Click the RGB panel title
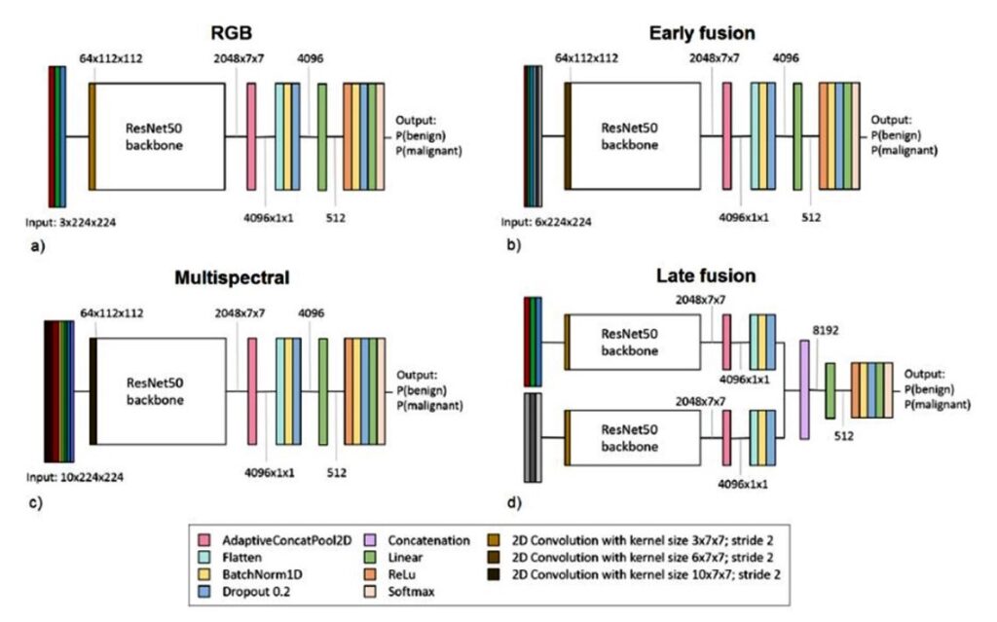[x=232, y=32]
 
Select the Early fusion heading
[x=702, y=33]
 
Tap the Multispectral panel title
[x=232, y=277]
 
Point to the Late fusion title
[x=706, y=275]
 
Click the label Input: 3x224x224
[x=70, y=223]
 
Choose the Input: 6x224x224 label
[x=546, y=222]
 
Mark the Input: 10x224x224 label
[x=75, y=477]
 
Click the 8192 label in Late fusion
[x=826, y=330]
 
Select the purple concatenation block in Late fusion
[x=804, y=389]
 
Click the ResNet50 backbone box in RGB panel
[x=161, y=136]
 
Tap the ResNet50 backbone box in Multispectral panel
[x=161, y=391]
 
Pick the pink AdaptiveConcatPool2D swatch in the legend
[x=204, y=540]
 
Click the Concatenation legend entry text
[x=428, y=540]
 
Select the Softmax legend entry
[x=412, y=592]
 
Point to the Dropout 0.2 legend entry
[x=256, y=592]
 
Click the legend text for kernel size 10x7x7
[x=646, y=574]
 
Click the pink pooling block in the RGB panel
[x=251, y=136]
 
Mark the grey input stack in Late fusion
[x=533, y=438]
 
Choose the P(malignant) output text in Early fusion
[x=905, y=151]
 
